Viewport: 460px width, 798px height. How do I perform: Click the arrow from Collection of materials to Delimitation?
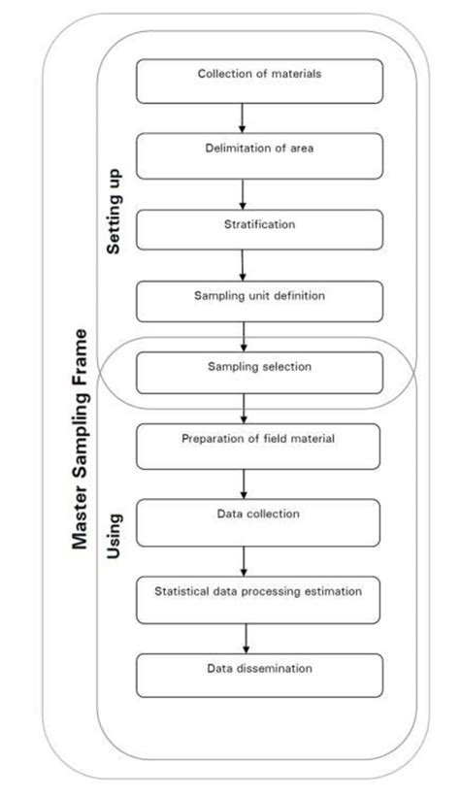pyautogui.click(x=242, y=117)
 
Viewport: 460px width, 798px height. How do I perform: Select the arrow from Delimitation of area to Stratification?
pyautogui.click(x=242, y=192)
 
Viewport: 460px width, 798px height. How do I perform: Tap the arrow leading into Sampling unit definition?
pyautogui.click(x=242, y=265)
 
